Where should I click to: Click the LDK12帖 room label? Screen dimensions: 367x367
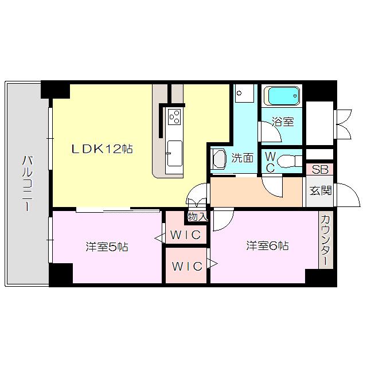(x=102, y=149)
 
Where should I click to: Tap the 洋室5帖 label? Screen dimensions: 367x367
(x=107, y=247)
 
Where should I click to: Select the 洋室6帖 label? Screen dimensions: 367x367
(x=267, y=246)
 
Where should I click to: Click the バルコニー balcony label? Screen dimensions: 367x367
(x=28, y=183)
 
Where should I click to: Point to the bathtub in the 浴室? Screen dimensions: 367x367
(x=282, y=96)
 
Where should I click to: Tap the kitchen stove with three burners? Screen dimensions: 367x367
(x=174, y=116)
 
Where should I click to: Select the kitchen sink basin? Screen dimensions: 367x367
(x=174, y=153)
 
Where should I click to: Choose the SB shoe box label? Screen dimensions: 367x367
(x=320, y=170)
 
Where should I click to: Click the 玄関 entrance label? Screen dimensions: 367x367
(x=320, y=191)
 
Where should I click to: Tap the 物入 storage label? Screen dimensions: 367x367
(x=197, y=217)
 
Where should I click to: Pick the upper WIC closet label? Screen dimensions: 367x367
(x=185, y=235)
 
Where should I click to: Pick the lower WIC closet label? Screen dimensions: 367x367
(x=187, y=266)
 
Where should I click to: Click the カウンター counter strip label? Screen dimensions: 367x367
(x=326, y=240)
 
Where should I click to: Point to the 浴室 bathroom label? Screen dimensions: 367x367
(x=283, y=122)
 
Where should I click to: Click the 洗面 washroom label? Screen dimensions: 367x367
(x=242, y=158)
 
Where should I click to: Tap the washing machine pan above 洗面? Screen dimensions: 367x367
(x=244, y=93)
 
